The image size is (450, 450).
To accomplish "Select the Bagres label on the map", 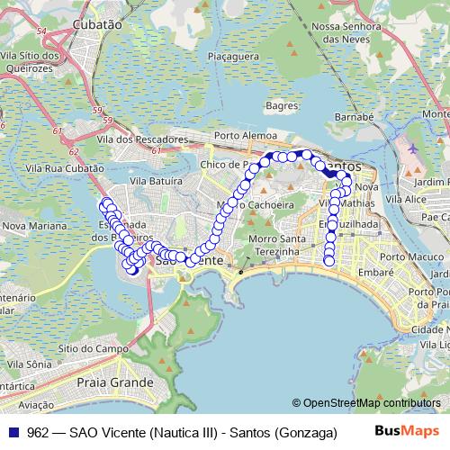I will [282, 105].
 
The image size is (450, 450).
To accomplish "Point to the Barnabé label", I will [353, 117].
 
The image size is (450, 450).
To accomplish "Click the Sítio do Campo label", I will [87, 347].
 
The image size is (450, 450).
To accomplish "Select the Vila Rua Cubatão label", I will [65, 168].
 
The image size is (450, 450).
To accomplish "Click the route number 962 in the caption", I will [38, 432].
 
